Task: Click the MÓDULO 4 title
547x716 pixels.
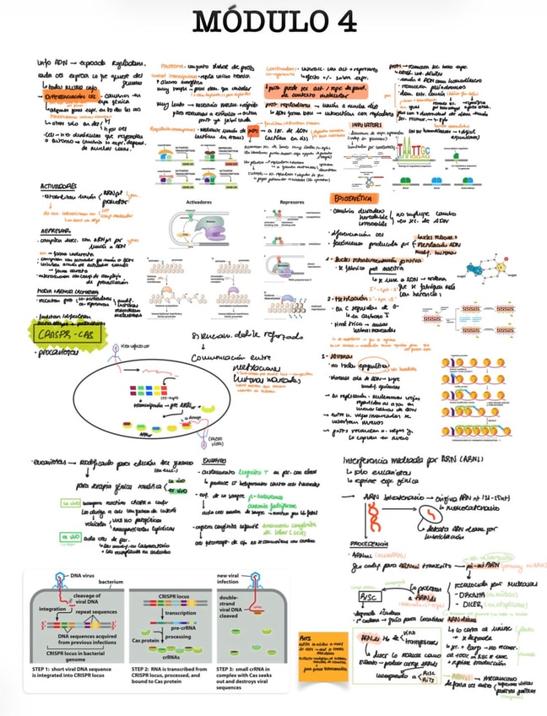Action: click(x=273, y=22)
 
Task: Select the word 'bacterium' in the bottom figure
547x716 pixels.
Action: click(x=110, y=582)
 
